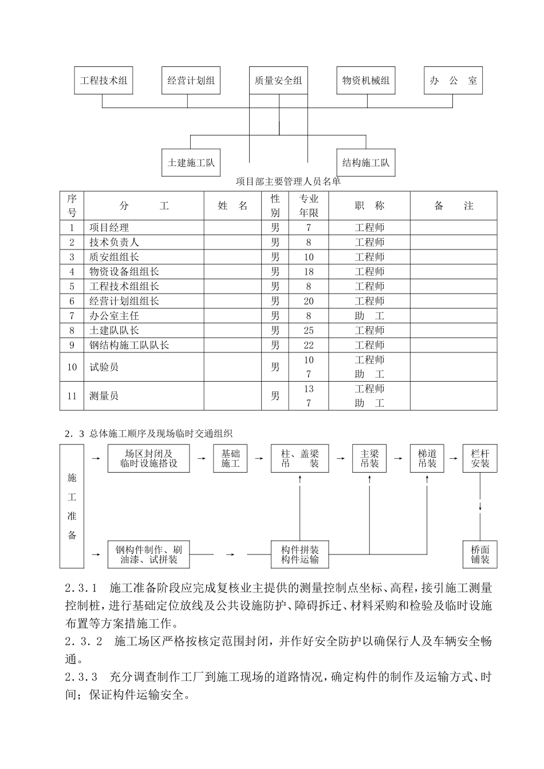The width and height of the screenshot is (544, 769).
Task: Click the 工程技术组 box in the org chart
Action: point(104,81)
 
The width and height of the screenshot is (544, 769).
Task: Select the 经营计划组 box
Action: point(191,81)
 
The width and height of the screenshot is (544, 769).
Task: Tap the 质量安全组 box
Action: point(278,81)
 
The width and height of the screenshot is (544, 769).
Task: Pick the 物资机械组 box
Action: point(366,81)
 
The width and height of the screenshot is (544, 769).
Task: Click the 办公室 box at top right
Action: point(453,81)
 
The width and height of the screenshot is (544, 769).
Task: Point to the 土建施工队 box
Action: point(191,162)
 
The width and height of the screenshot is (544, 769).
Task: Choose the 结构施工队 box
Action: point(366,162)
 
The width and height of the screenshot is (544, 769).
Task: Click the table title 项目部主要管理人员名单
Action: point(288,182)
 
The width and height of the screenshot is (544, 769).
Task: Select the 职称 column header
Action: point(369,206)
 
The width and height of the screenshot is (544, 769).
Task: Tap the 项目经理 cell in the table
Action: point(109,228)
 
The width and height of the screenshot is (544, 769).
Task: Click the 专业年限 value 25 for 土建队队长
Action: point(309,331)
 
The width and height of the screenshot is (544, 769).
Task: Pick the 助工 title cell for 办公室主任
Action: point(369,316)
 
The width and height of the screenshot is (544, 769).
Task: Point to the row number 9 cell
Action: point(72,346)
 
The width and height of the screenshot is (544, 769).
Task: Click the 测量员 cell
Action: point(104,396)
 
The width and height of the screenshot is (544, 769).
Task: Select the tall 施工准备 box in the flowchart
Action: point(72,506)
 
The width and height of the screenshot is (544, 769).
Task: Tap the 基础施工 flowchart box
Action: point(230,458)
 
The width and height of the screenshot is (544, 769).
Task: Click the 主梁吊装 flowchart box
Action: point(369,458)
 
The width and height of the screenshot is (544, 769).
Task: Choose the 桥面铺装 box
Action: point(480,554)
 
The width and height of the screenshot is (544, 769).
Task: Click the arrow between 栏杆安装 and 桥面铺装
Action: point(480,506)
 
